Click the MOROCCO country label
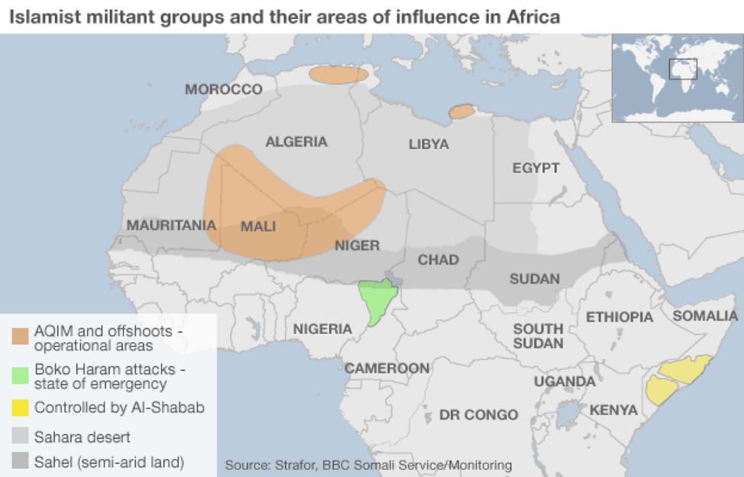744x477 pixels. (223, 89)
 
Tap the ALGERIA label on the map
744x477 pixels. (296, 142)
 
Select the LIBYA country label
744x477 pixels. (428, 144)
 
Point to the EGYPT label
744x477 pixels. (535, 168)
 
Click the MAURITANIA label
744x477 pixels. (171, 225)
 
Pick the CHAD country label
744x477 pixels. (438, 260)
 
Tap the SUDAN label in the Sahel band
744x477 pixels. (534, 279)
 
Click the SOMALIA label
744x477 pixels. (704, 315)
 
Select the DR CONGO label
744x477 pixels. (478, 415)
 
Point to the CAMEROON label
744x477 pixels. (386, 369)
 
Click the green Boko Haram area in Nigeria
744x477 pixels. (377, 299)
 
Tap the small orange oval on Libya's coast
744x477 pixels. (461, 112)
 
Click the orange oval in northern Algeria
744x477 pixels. (338, 75)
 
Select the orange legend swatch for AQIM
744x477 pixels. (20, 337)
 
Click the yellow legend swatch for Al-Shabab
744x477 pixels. (20, 408)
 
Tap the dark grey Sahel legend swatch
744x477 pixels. (20, 462)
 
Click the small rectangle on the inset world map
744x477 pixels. (683, 69)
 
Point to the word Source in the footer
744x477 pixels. (248, 465)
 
